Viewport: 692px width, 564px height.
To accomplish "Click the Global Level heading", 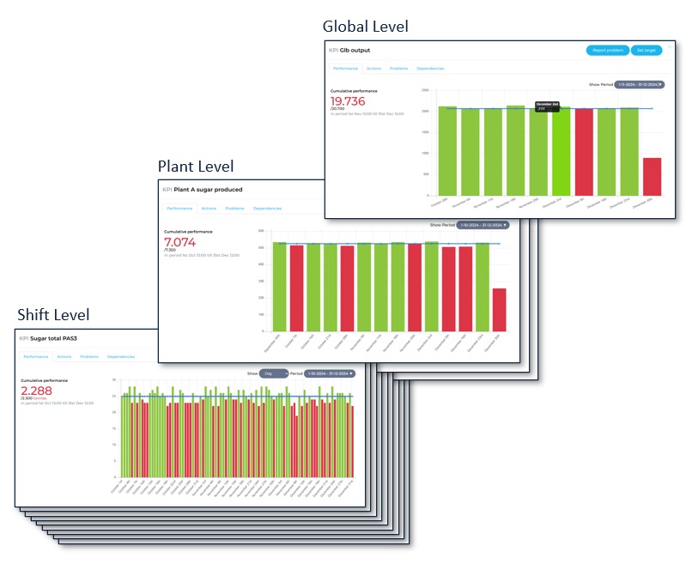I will pyautogui.click(x=365, y=27).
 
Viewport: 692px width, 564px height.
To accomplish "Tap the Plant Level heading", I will pyautogui.click(x=195, y=166).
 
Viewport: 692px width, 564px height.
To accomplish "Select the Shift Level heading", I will pyautogui.click(x=52, y=315).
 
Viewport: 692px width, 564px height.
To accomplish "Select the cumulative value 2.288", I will pyautogui.click(x=37, y=390).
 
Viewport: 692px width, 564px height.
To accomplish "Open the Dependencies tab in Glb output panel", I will pyautogui.click(x=430, y=68).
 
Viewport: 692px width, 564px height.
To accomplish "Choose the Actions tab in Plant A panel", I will pyautogui.click(x=209, y=209).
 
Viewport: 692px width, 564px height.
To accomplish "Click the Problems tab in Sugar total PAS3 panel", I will pyautogui.click(x=88, y=356).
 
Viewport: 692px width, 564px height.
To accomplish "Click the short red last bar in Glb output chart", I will pyautogui.click(x=652, y=176).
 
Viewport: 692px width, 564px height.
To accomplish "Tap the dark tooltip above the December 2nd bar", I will pyautogui.click(x=547, y=106).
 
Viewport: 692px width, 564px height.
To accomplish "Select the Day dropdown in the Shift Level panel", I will pyautogui.click(x=274, y=373).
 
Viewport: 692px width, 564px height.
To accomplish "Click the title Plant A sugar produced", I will pyautogui.click(x=208, y=189).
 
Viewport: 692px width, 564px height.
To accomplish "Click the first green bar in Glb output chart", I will pyautogui.click(x=447, y=151).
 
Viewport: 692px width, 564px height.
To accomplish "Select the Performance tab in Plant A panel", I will pyautogui.click(x=179, y=209).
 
